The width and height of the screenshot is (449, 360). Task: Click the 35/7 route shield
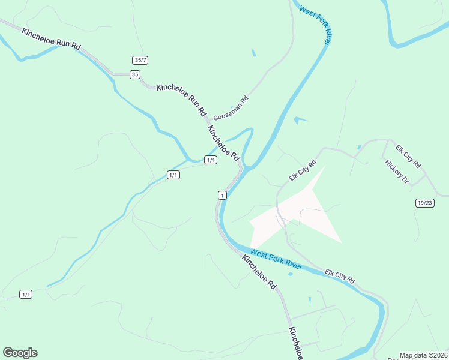coord(140,60)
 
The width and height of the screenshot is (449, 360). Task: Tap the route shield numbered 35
coord(135,74)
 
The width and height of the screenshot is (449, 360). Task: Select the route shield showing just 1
coord(222,195)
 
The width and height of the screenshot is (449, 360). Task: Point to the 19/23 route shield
coord(424,203)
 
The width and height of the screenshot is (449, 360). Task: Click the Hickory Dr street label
coord(397,172)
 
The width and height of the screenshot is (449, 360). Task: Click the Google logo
coord(20,353)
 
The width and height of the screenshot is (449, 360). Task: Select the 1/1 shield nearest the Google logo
coord(26,294)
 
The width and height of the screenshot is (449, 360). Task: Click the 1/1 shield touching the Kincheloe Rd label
coord(210,160)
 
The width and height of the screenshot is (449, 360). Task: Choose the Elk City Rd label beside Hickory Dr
coord(408,156)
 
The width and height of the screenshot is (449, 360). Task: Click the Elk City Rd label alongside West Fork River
coord(340,277)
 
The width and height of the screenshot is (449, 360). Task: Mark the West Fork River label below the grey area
coord(277,259)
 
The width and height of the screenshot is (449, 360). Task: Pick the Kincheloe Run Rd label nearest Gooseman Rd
coord(181,99)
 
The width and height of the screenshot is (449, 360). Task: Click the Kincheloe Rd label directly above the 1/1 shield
coord(224,142)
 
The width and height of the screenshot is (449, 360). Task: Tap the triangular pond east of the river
coord(300,121)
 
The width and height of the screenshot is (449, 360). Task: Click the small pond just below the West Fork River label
coord(291,274)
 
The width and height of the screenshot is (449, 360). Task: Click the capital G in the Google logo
coord(8,353)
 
